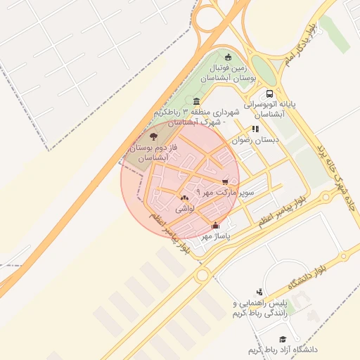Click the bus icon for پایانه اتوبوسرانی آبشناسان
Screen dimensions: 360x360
269,94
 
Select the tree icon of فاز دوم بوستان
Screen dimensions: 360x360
153,136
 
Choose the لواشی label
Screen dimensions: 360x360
184,208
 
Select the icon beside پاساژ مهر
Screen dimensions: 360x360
215,226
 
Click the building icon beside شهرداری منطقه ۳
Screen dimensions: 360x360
195,101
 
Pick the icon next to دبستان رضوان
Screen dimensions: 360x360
255,129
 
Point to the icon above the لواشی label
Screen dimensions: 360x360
184,198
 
